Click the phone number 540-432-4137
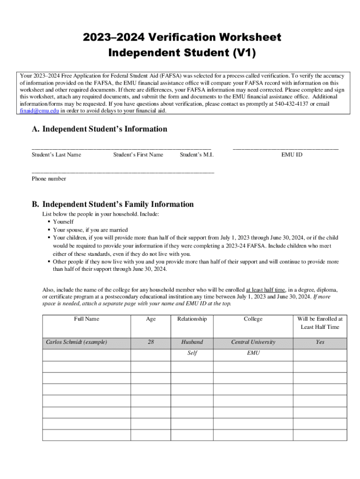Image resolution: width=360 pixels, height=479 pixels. coord(288,104)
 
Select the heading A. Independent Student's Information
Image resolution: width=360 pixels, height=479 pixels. coord(99,129)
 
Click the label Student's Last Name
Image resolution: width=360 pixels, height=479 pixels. coord(56,155)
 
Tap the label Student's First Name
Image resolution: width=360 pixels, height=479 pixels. coord(138,155)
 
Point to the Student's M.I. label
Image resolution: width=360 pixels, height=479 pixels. coord(196,155)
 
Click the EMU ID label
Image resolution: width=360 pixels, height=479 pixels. coord(291,155)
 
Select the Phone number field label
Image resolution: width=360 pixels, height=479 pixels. coord(49,179)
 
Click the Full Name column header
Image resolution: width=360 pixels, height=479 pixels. coord(86,319)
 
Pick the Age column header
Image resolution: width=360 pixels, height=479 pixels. coord(151,319)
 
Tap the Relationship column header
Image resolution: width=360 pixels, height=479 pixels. coord(192,319)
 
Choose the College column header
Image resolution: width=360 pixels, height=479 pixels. coord(253,319)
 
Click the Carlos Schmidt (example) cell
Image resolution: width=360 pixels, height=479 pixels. coord(76,342)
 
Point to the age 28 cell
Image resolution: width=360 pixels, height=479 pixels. coord(151,342)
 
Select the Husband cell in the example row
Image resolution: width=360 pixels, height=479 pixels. coord(192,342)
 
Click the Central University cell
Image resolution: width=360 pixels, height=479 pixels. coord(253,342)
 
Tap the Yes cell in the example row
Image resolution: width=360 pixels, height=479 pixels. coord(320,342)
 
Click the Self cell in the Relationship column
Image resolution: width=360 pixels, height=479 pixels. coord(192,353)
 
